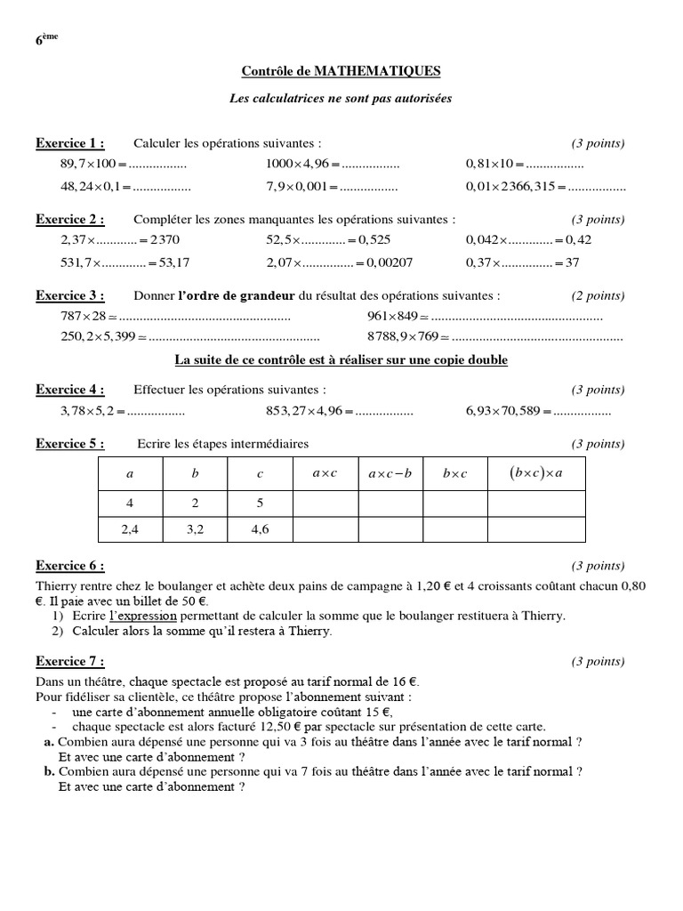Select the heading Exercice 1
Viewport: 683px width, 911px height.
[69, 143]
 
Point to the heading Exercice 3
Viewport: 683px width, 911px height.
[69, 295]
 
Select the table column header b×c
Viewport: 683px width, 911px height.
[454, 474]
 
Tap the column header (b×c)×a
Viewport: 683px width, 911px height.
[536, 473]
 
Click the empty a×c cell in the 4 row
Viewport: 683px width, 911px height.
[325, 503]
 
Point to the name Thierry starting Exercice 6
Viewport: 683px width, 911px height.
[55, 586]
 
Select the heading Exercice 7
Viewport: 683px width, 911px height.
[69, 661]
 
